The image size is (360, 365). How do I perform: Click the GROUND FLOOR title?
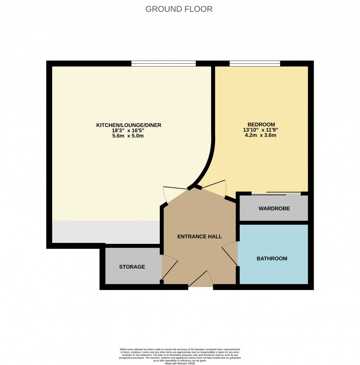coord(179,9)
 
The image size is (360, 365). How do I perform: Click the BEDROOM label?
coord(261,124)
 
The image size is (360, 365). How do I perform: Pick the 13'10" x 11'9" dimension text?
coord(261,130)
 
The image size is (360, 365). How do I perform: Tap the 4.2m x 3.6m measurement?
coord(261,135)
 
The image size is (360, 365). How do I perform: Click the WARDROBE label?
coord(274,209)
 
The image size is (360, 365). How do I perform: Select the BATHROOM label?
coord(272,259)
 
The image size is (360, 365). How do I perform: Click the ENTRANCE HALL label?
coord(199,237)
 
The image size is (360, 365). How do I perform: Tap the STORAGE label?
coord(132,267)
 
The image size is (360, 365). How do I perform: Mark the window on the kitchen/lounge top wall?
coord(163,64)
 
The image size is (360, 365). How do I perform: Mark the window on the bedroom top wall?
coord(254,64)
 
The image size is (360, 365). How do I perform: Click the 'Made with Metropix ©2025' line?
coord(180,363)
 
